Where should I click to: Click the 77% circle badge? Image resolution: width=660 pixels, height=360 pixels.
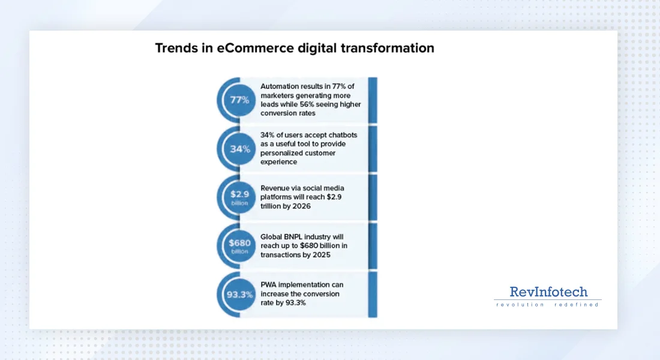click(x=239, y=100)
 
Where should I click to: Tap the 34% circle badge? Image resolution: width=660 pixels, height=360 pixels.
click(x=239, y=149)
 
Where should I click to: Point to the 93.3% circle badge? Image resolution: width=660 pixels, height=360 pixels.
click(x=239, y=295)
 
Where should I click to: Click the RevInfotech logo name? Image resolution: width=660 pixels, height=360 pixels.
click(x=548, y=292)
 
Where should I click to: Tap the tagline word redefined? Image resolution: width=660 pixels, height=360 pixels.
click(x=578, y=305)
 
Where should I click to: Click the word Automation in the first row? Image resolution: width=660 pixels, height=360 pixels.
click(x=280, y=86)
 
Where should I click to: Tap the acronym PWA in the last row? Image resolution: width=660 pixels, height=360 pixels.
click(x=269, y=284)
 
